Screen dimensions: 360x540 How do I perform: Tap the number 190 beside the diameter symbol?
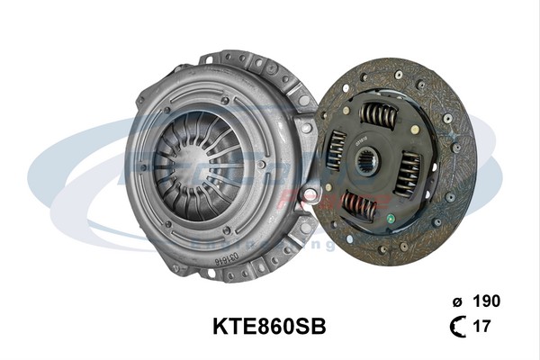tap(486, 301)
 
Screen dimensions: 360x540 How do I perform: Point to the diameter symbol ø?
tap(458, 301)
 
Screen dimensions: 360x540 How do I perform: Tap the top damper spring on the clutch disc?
tap(379, 114)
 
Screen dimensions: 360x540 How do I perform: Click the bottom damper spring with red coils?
tap(359, 207)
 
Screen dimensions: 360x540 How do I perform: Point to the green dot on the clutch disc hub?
tap(389, 216)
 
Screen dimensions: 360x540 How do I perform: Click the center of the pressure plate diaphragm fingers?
tap(200, 162)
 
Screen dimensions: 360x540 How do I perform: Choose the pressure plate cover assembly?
tap(216, 166)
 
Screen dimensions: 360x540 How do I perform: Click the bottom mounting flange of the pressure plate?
tap(225, 268)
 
